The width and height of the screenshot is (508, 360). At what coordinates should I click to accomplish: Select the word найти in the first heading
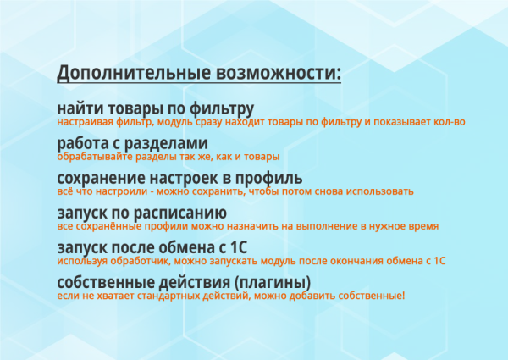click(x=79, y=109)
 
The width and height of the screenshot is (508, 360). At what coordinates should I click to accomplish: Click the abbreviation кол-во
click(x=450, y=123)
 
